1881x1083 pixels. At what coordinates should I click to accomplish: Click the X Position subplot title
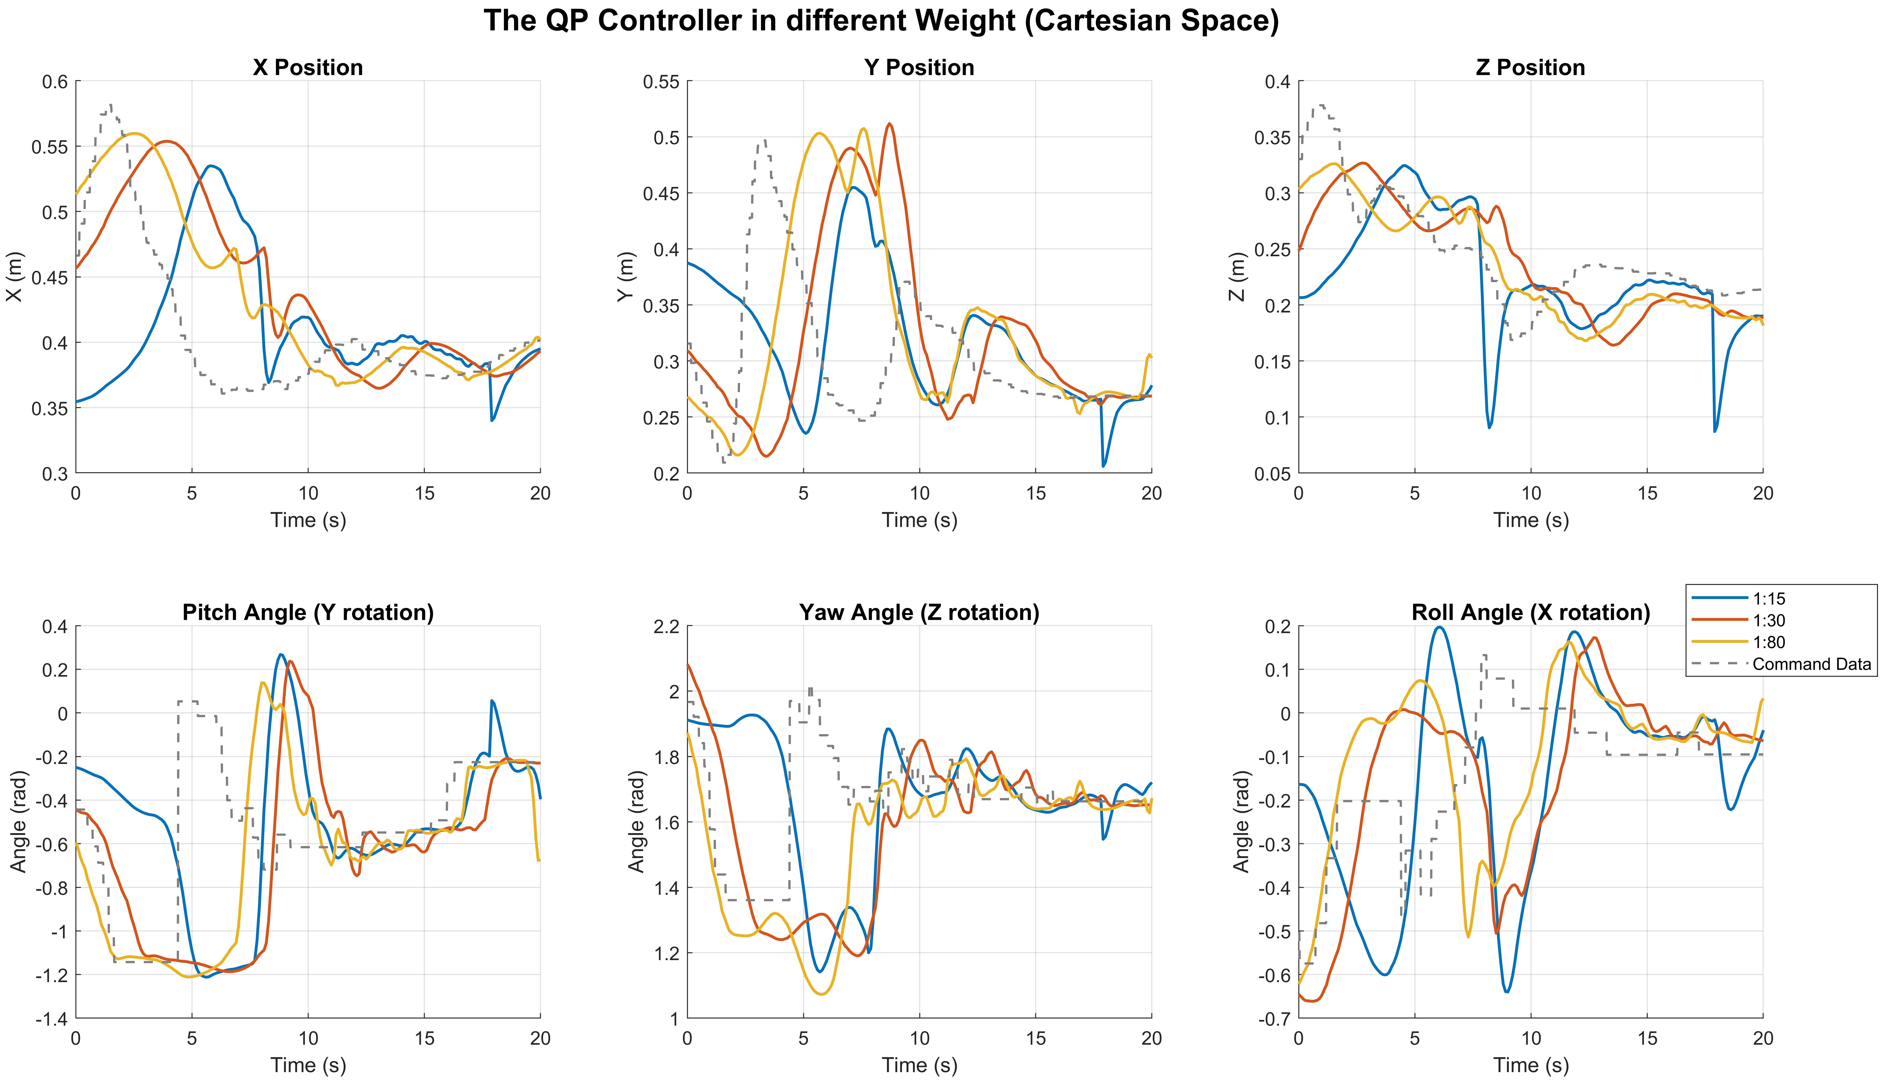(308, 68)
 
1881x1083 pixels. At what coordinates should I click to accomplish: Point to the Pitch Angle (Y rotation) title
(308, 612)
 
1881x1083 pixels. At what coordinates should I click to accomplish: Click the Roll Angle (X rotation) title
(1531, 612)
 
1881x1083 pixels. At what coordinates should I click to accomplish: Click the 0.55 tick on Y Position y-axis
(661, 82)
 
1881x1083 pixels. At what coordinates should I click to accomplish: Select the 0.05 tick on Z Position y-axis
(1272, 474)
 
